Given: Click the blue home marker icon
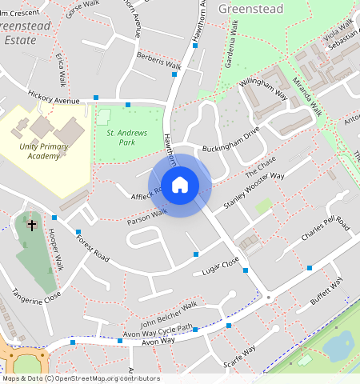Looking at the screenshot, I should tap(180, 185).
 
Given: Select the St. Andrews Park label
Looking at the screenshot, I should tap(116, 137).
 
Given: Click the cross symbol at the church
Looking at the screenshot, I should tap(32, 225).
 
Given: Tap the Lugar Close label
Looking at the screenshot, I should tap(221, 267).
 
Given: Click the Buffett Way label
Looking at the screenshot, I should tap(326, 293).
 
